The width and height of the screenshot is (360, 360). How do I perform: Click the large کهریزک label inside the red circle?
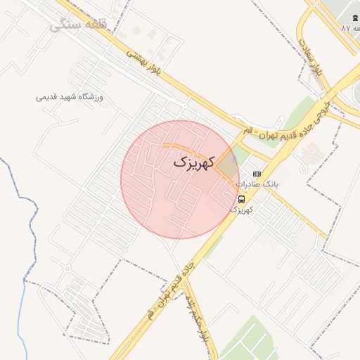[191, 162]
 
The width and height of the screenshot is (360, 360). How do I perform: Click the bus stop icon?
[242, 199]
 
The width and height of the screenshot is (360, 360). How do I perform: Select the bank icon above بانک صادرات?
[257, 174]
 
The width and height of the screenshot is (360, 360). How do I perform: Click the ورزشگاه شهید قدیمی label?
[70, 97]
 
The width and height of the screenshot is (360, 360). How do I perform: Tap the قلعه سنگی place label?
[77, 25]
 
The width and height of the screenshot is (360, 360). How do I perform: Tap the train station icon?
[354, 17]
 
